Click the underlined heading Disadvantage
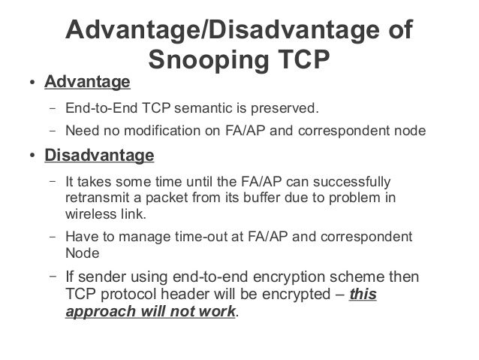tap(99, 156)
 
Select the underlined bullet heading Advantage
tap(87, 81)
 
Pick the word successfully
tap(355, 182)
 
